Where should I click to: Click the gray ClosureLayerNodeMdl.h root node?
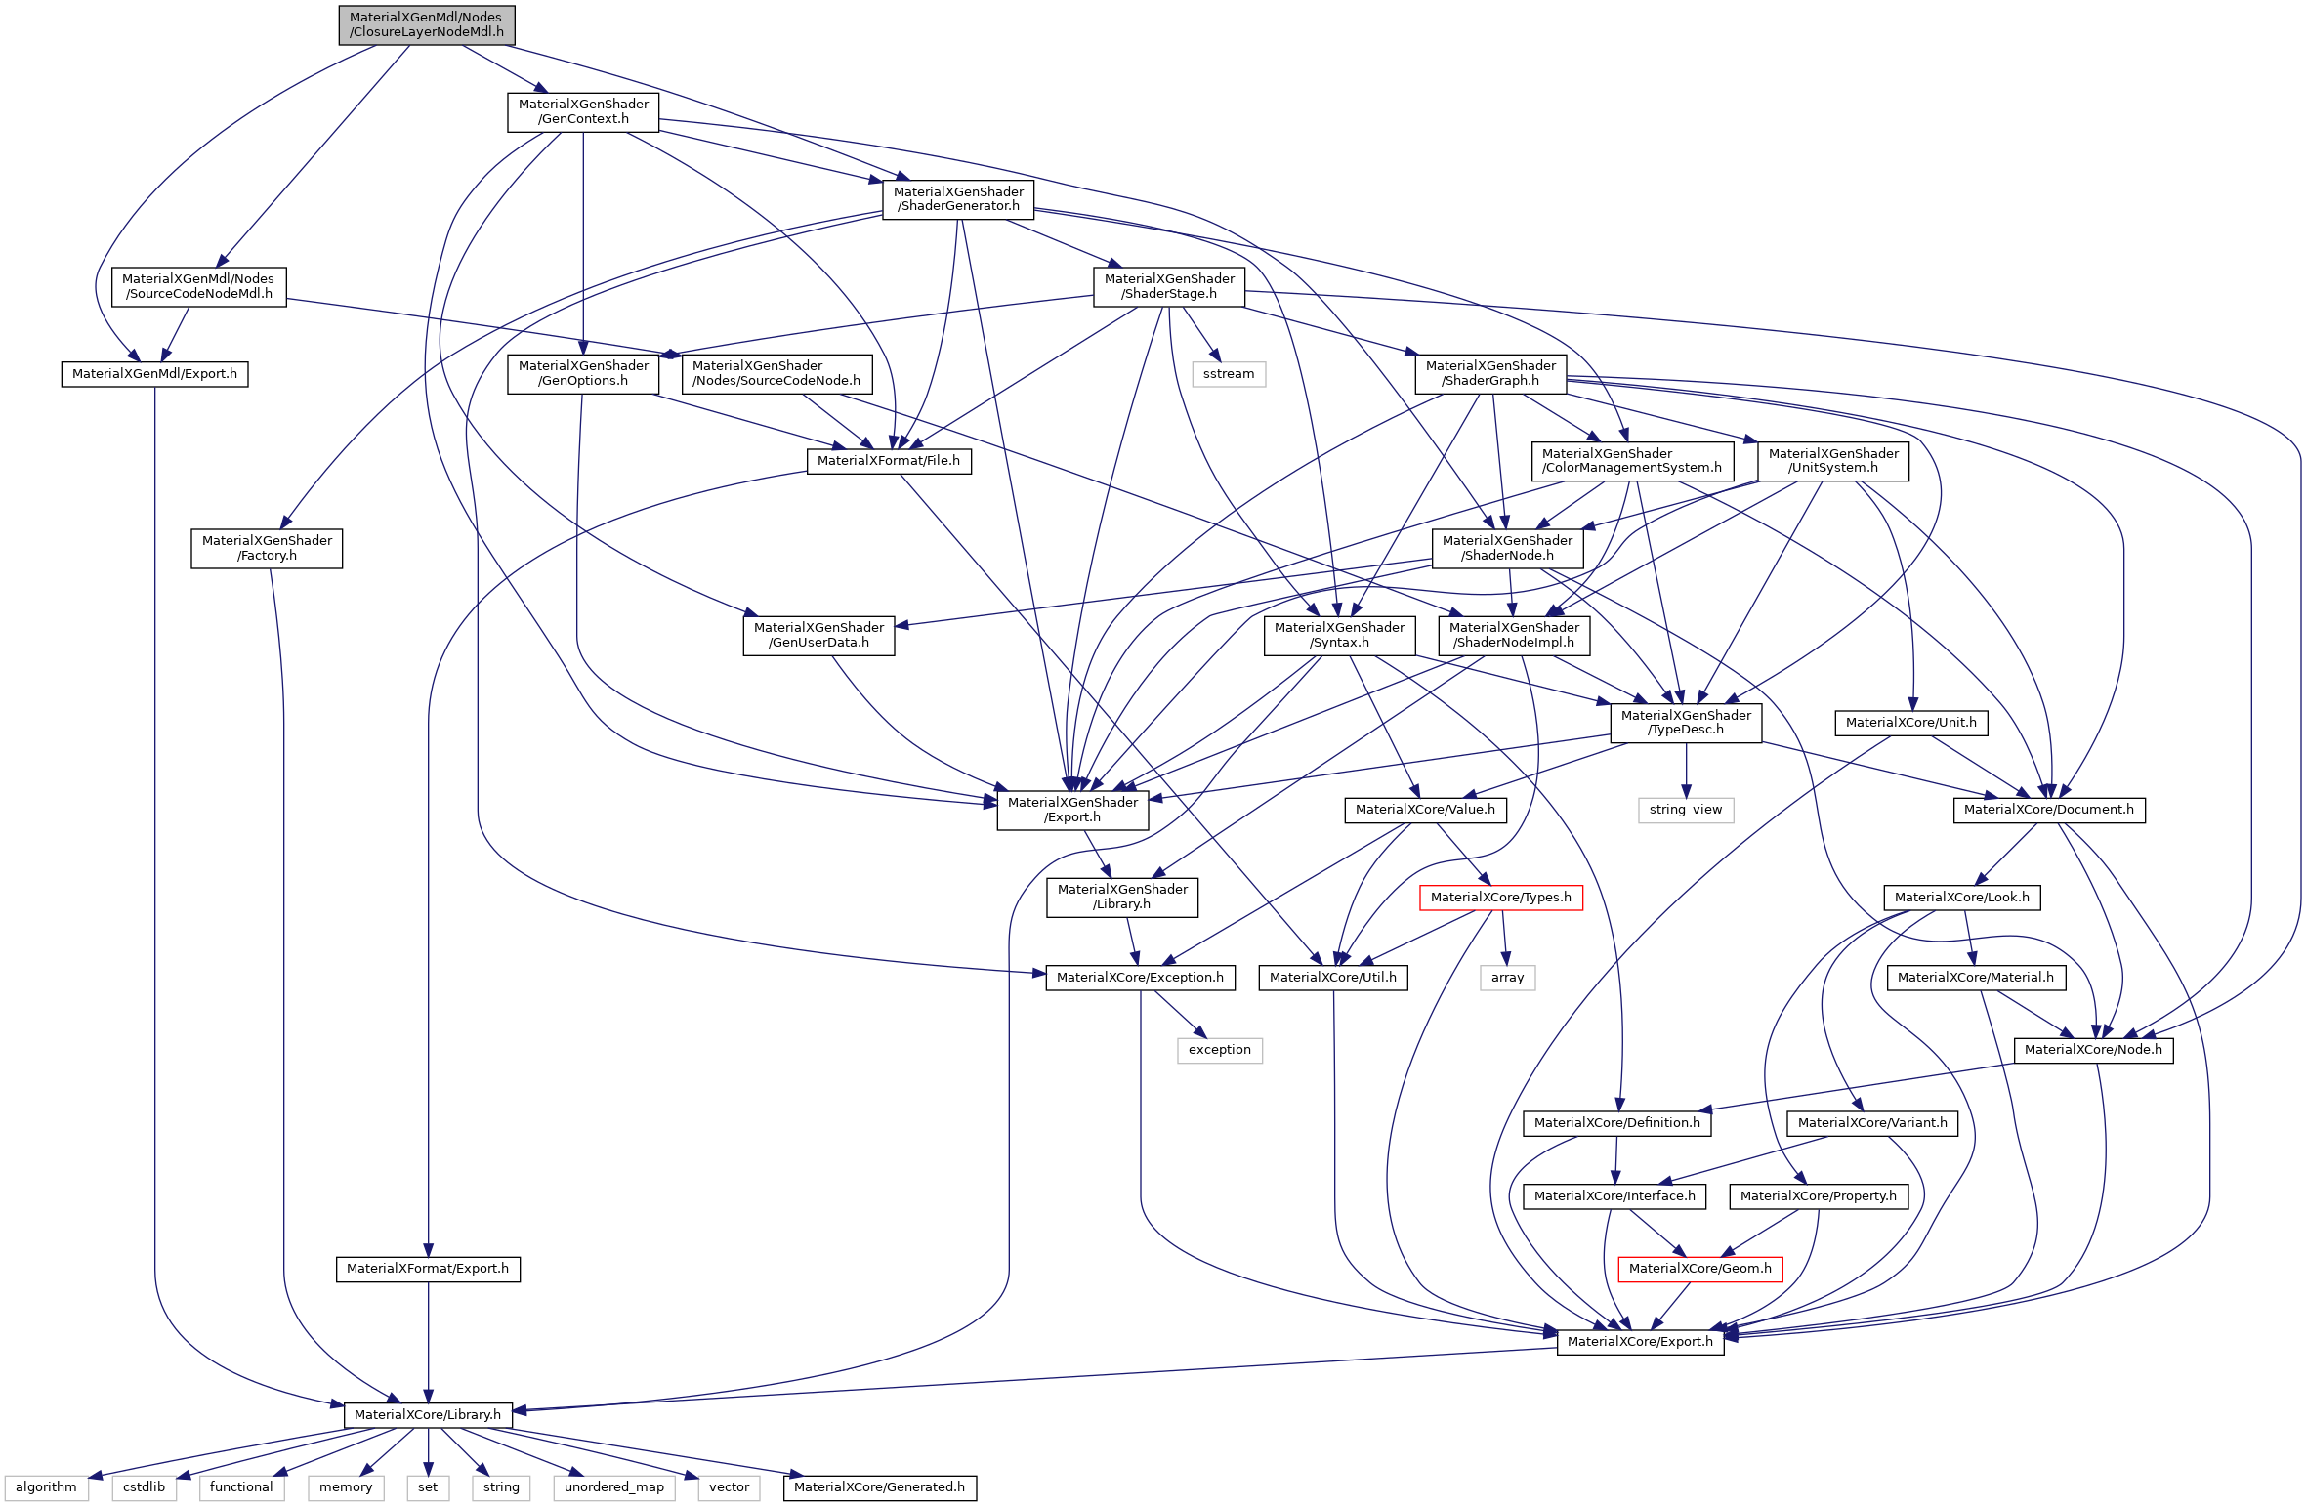point(427,24)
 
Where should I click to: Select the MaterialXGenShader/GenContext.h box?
point(583,111)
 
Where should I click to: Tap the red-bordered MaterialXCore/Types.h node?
point(1500,897)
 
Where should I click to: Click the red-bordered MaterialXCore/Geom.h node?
point(1699,1268)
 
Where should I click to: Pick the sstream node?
point(1228,374)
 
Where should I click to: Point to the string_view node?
point(1685,810)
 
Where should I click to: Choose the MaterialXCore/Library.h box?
point(427,1414)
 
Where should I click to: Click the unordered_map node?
point(613,1487)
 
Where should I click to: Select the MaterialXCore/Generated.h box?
point(879,1487)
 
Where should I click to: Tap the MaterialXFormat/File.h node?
point(888,461)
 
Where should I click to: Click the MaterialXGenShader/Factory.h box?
point(267,548)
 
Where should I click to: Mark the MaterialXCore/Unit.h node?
point(1910,723)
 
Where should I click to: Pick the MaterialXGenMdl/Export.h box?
point(154,374)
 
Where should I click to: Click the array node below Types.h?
point(1507,977)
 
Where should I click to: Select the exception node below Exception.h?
point(1219,1050)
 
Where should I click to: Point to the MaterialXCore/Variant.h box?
point(1872,1123)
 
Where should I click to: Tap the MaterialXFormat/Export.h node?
point(427,1269)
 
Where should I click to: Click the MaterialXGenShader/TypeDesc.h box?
point(1686,723)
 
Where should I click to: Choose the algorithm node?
point(46,1487)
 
